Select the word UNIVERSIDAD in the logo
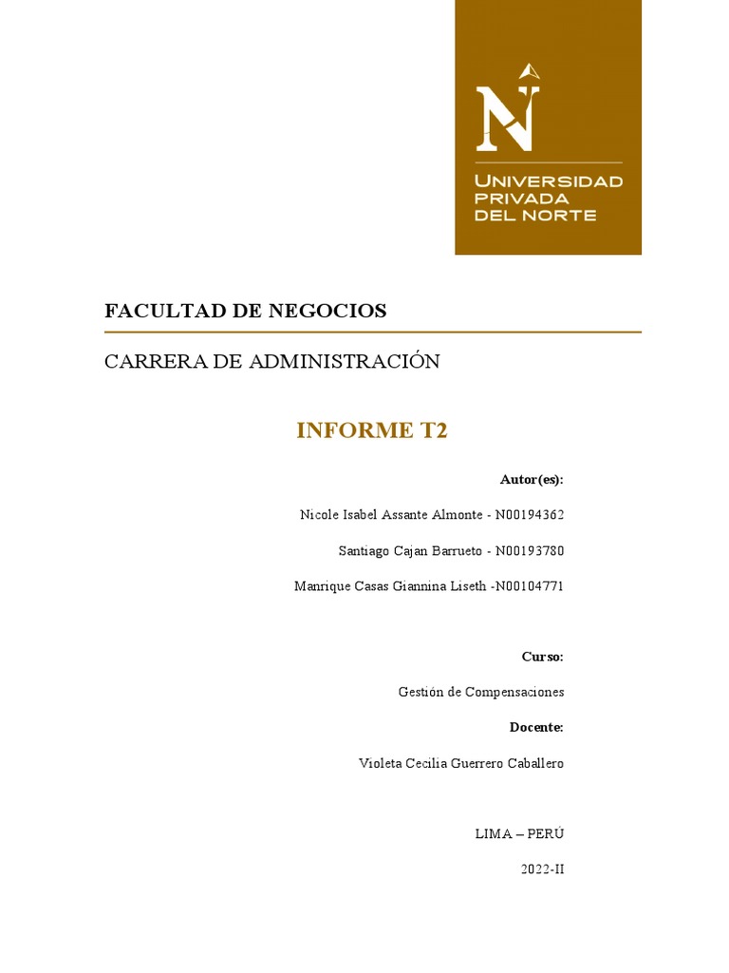pos(549,181)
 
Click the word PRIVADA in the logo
pos(522,198)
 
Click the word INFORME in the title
pos(352,430)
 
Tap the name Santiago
pos(364,551)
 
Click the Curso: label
pos(542,657)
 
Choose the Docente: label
pos(536,728)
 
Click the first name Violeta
pos(380,763)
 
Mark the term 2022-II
pos(543,868)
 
